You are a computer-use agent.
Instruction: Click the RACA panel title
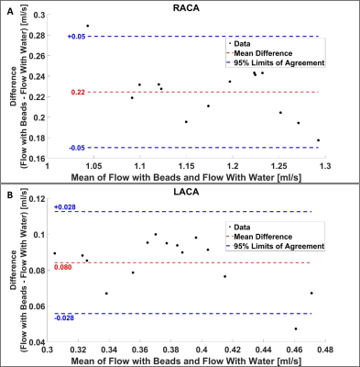tap(186, 7)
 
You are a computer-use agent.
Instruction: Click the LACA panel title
tap(186, 192)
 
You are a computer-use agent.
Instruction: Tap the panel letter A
tap(10, 12)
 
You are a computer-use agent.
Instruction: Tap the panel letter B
tap(10, 195)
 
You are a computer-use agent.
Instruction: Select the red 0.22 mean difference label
tap(78, 92)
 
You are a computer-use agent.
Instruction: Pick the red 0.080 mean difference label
tap(63, 267)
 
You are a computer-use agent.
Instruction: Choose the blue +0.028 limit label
tap(65, 207)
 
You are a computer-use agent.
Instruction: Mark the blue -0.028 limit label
tap(64, 318)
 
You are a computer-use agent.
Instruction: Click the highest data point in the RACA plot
tap(88, 26)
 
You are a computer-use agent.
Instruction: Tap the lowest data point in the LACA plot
tap(296, 328)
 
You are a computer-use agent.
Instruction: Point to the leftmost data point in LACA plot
tap(55, 253)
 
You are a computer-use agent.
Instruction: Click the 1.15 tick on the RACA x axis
tap(186, 166)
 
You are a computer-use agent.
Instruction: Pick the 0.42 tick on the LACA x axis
tap(233, 350)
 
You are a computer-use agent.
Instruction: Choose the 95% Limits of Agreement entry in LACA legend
tap(276, 246)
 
